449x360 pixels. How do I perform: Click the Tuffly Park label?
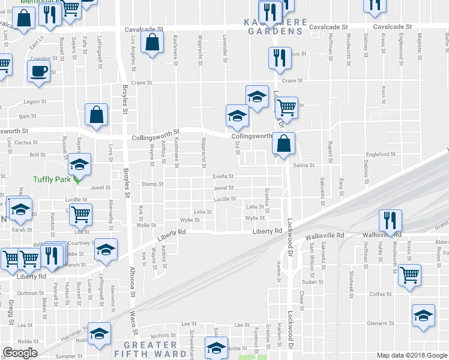51,179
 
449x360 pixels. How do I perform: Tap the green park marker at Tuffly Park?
76,179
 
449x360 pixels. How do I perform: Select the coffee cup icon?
39,71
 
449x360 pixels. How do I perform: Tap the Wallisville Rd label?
324,236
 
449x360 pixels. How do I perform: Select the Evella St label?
223,176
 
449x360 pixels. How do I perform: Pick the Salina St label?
304,165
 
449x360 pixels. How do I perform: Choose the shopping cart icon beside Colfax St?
410,276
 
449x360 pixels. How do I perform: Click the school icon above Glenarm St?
423,316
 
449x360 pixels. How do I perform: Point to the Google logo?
20,353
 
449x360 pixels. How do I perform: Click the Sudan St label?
313,281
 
